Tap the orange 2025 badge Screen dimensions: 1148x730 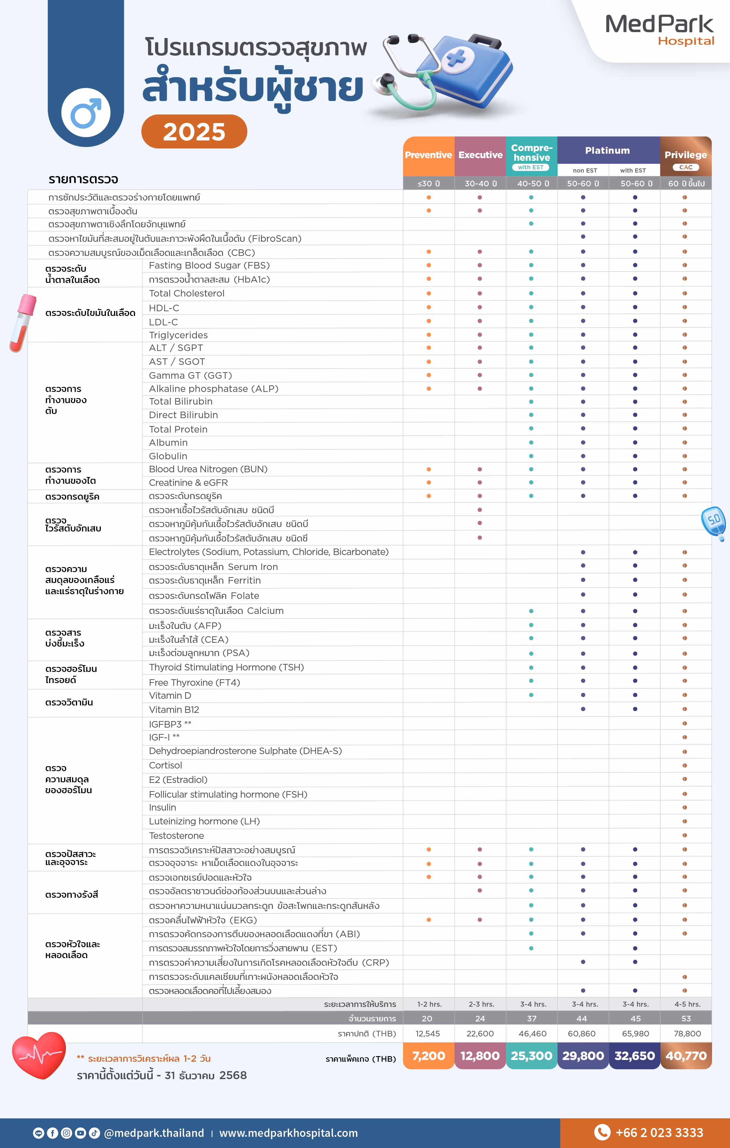click(194, 132)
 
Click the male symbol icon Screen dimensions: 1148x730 click(86, 113)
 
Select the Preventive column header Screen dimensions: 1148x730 click(428, 155)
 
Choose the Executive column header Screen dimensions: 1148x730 click(480, 155)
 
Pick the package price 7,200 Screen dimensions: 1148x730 click(428, 1056)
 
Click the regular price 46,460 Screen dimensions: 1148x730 click(532, 1033)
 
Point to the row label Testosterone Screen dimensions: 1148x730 click(176, 836)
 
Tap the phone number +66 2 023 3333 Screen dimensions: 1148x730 click(659, 1133)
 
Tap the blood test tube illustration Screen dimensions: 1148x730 click(23, 323)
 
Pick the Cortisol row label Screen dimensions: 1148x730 click(165, 766)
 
